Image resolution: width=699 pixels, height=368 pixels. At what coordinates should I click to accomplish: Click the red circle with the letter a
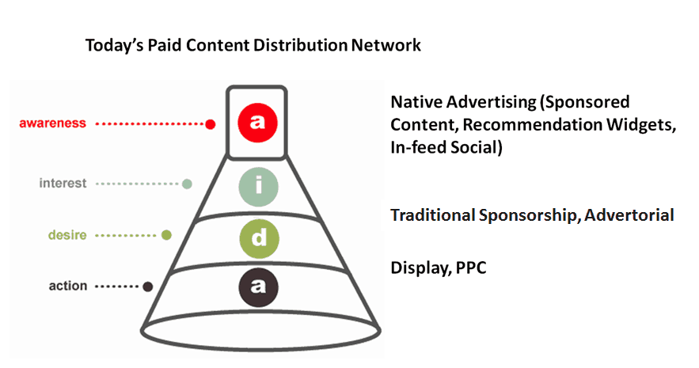click(257, 123)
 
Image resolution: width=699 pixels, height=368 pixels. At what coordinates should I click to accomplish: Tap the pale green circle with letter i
click(259, 187)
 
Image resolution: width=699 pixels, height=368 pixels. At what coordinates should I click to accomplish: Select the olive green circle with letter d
click(259, 239)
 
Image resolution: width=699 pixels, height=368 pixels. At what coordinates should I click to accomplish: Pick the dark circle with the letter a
click(259, 287)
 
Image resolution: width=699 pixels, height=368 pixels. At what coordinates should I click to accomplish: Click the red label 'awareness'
click(52, 123)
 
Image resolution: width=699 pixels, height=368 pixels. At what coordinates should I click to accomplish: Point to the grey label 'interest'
click(63, 183)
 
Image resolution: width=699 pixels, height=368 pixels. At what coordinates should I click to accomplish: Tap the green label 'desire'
click(67, 235)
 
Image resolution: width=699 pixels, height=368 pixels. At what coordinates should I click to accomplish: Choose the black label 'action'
click(68, 286)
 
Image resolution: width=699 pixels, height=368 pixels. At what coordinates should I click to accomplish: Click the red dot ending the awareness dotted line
click(211, 124)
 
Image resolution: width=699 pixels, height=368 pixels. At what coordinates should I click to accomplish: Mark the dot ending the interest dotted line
click(188, 184)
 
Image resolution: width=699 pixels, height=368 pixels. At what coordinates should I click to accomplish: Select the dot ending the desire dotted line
click(166, 235)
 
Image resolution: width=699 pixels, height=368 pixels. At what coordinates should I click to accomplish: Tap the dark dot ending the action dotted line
click(147, 286)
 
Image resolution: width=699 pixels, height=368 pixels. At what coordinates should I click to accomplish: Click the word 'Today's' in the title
click(115, 45)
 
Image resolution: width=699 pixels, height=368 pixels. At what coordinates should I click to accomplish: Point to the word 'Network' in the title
click(386, 45)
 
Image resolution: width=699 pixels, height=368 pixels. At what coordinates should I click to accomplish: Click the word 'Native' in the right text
click(417, 102)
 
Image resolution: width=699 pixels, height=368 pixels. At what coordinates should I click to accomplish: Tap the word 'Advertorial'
click(629, 215)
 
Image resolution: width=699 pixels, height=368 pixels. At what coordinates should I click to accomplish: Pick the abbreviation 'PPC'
click(471, 267)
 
